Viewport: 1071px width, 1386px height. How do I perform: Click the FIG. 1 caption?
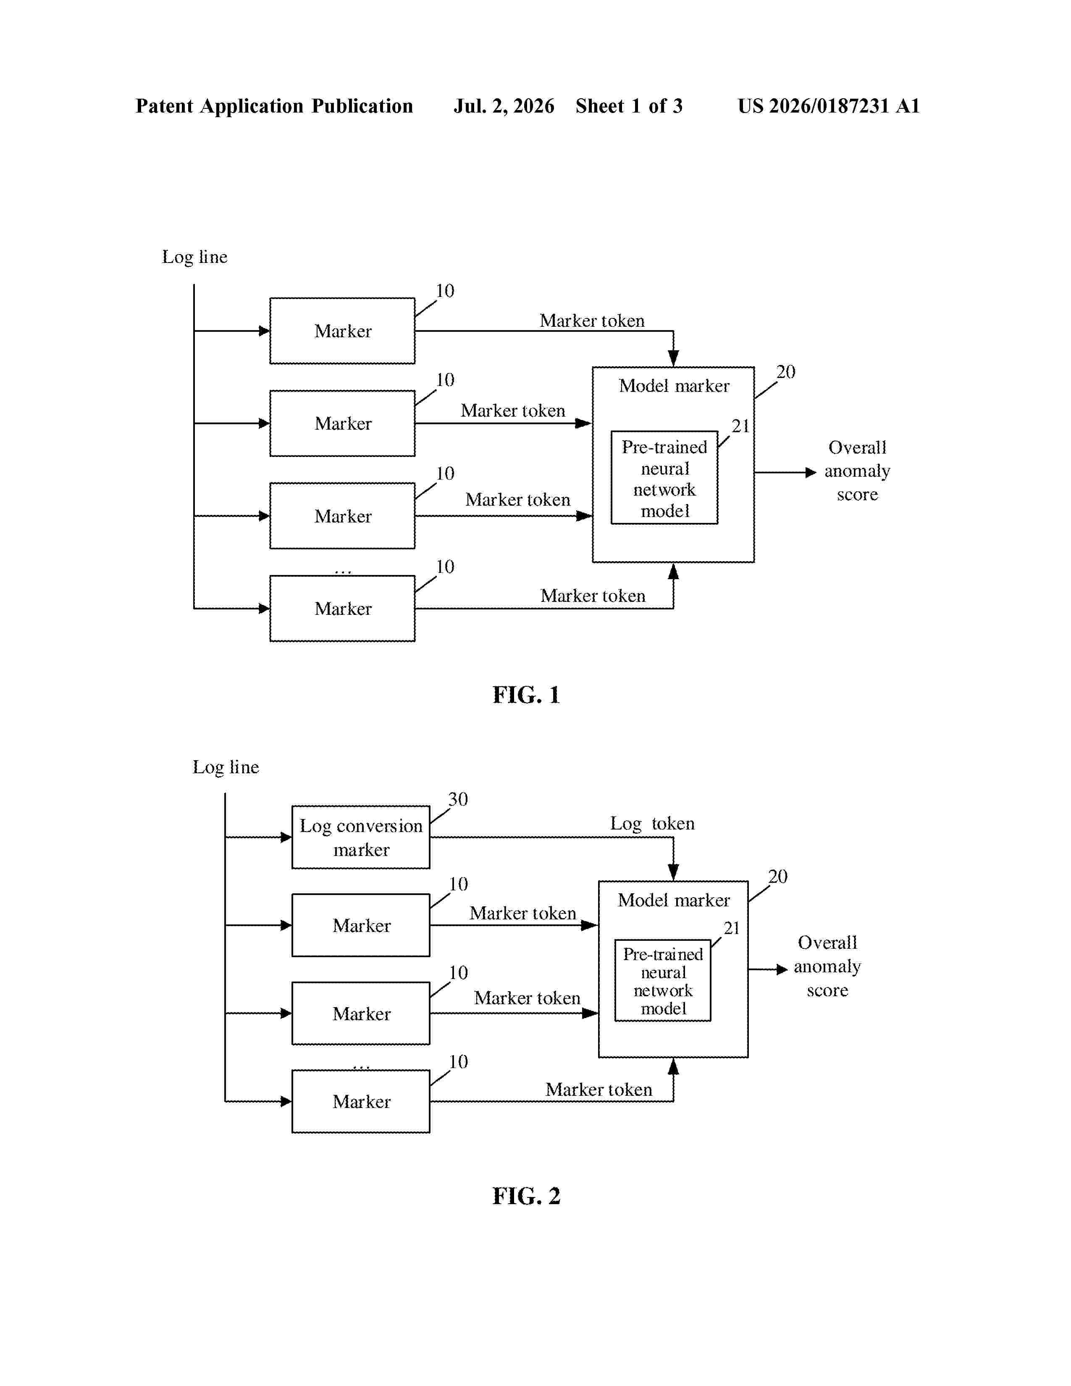tap(526, 695)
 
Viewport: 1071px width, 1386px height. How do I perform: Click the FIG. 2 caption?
tap(526, 1196)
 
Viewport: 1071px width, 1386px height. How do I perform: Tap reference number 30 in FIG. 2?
tap(458, 799)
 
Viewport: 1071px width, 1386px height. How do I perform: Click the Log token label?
tap(652, 824)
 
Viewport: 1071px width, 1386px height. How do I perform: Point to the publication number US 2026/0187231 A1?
tap(829, 106)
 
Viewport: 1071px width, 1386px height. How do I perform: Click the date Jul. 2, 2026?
tap(504, 106)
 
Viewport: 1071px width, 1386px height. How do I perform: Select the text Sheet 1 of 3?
tap(629, 106)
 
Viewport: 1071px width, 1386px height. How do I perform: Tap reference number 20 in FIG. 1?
tap(785, 372)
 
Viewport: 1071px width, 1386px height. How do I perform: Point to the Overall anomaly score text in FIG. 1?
tap(857, 471)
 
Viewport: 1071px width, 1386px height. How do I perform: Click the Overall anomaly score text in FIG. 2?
tap(827, 966)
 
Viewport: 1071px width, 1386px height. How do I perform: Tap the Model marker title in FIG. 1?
tap(674, 386)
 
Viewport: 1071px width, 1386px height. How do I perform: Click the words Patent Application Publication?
tap(274, 106)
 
